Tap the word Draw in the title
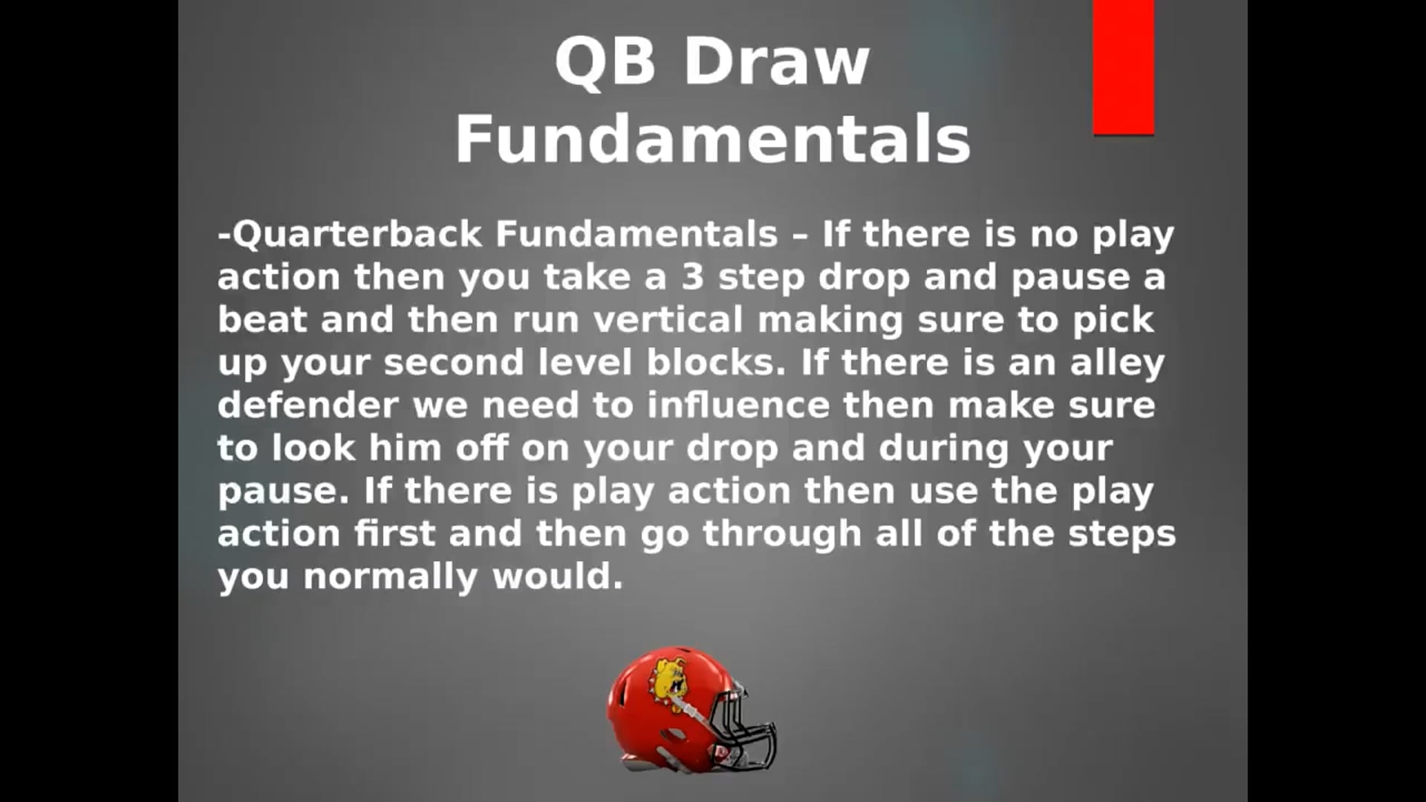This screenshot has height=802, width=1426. coord(777,61)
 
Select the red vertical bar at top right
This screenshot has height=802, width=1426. coord(1124,68)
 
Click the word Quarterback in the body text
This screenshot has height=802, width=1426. coord(357,234)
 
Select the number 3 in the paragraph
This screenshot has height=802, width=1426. coord(692,277)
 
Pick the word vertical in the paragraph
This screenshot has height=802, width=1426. coord(668,319)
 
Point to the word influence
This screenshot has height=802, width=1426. coord(738,405)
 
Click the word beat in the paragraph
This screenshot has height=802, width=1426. coord(261,319)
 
